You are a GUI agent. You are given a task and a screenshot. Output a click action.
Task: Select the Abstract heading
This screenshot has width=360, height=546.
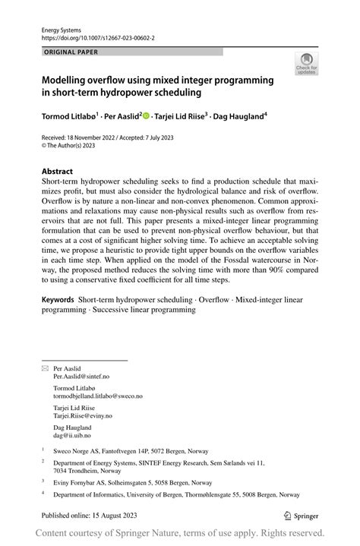tap(57, 172)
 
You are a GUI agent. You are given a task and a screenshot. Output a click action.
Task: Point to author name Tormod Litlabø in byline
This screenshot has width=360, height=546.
tap(68, 118)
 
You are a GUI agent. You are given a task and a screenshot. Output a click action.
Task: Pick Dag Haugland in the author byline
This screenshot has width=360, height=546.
tap(240, 118)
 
